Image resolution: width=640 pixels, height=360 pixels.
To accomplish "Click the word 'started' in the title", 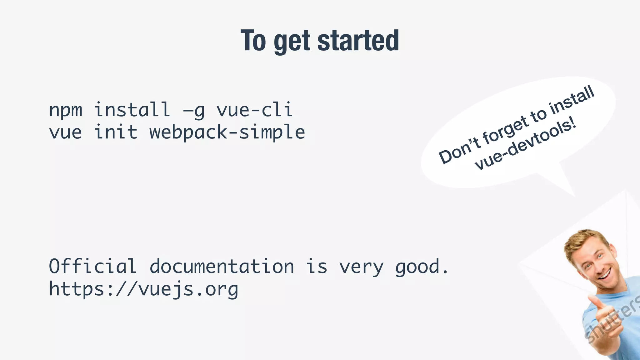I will coord(358,41).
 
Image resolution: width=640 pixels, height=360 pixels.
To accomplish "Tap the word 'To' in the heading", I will coord(253,41).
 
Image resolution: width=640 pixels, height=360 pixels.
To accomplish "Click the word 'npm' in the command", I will coord(66,110).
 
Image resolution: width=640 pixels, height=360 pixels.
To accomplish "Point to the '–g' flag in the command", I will coord(194,110).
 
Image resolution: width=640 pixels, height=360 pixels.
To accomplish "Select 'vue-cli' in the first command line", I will coord(255,110).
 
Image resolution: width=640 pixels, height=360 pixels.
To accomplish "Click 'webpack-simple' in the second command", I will coord(227,132).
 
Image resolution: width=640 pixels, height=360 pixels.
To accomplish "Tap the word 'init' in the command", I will coord(116,132).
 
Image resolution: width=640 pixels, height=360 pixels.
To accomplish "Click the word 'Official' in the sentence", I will coord(92,266).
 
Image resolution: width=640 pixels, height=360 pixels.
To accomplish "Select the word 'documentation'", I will coord(222,266).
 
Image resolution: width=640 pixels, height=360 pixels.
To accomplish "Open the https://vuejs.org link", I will coord(143,289).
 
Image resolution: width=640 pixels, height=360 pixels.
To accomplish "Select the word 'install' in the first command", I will coord(132,110).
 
